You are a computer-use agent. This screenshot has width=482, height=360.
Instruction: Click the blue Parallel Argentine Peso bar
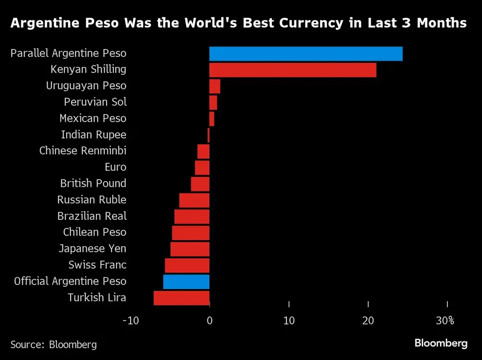[x=306, y=54]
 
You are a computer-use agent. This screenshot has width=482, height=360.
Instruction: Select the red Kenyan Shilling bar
[x=293, y=70]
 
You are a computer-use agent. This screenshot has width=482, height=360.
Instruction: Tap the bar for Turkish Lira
[x=181, y=298]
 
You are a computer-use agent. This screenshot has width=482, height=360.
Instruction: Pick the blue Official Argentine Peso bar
[x=186, y=281]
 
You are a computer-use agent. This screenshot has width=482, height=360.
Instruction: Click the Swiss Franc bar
[x=187, y=266]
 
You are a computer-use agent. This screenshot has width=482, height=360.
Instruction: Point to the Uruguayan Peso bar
[x=214, y=86]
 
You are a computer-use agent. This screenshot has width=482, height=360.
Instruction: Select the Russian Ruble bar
[x=194, y=200]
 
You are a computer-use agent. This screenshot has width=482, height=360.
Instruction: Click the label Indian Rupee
[x=94, y=135]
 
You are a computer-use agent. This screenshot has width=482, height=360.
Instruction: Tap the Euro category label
[x=115, y=167]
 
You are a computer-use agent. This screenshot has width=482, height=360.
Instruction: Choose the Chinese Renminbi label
[x=82, y=151]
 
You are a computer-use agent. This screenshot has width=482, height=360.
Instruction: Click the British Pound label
[x=93, y=184]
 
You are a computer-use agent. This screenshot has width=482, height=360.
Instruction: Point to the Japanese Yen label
[x=92, y=249]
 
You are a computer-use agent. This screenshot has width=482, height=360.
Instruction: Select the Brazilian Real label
[x=92, y=216]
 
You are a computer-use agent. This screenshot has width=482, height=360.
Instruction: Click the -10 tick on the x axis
[x=130, y=320]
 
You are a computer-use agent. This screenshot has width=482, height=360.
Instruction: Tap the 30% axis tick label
[x=445, y=320]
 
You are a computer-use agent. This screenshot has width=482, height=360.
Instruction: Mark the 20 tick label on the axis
[x=368, y=320]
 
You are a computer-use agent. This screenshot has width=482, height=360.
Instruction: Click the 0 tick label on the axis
[x=210, y=320]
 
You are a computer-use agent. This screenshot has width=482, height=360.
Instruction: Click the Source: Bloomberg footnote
[x=54, y=345]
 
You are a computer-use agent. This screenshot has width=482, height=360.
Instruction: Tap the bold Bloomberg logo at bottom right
[x=441, y=344]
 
